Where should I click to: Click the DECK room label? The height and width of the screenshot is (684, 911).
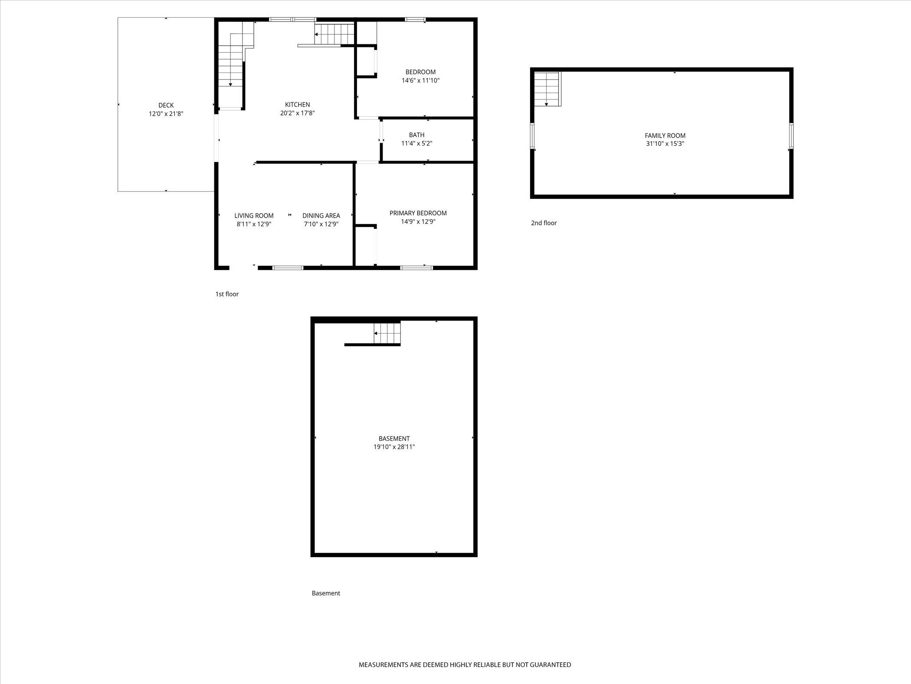pos(166,105)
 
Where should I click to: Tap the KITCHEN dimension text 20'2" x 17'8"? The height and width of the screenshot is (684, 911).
pos(297,113)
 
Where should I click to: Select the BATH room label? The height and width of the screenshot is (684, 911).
pos(416,135)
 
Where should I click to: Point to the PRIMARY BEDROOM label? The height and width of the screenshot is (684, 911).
pos(418,213)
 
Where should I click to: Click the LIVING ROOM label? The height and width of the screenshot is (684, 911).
pos(254,216)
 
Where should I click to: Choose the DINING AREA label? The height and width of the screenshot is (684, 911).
pos(321,216)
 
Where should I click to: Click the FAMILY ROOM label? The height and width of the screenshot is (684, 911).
pos(665,135)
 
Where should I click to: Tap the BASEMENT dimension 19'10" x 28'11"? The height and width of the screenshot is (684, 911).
pos(394,447)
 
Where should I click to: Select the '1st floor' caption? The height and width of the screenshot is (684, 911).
pos(227,294)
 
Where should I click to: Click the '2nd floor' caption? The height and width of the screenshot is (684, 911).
pos(544,223)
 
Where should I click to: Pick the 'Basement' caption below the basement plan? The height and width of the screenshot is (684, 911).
pos(326,593)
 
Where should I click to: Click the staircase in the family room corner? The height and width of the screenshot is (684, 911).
pos(547,89)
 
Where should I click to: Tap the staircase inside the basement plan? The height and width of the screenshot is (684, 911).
pos(387,333)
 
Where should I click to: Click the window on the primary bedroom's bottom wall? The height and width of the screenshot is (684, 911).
pos(416,268)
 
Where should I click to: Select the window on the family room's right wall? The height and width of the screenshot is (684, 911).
pos(791,136)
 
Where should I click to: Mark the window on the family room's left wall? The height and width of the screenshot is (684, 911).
pos(532,136)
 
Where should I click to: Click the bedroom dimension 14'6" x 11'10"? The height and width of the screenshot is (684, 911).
pos(420,80)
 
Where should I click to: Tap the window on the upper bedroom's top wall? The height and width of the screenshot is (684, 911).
pos(415,20)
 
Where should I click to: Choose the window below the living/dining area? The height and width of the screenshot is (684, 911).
pos(288,268)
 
